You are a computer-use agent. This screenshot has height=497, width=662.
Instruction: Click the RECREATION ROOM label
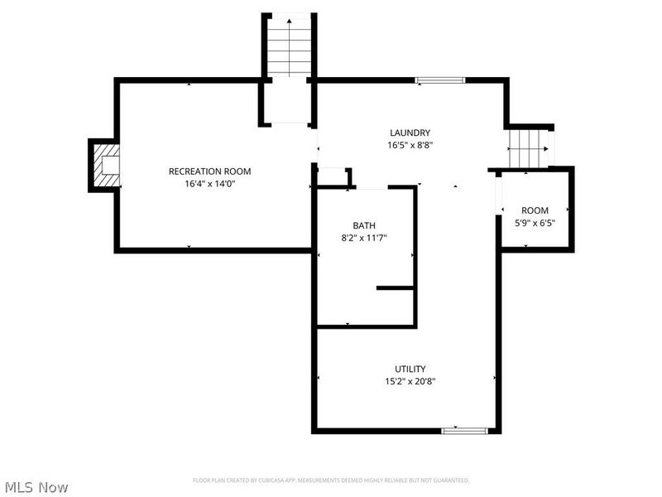209,171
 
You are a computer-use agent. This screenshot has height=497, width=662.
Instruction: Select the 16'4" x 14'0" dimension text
209,184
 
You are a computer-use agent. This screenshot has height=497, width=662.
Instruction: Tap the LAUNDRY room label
410,133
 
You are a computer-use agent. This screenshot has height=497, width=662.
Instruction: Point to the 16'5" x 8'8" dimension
410,145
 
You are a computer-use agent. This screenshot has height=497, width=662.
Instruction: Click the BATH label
364,225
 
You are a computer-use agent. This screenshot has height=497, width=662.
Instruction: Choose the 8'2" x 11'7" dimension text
364,238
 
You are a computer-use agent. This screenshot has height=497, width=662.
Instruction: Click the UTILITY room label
410,369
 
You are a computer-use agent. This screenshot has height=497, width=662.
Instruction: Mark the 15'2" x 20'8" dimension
410,381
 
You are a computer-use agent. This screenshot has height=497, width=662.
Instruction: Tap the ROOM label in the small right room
534,210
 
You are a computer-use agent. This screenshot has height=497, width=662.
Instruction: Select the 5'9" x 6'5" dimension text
534,223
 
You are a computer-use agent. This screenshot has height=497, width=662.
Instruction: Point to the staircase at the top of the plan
289,46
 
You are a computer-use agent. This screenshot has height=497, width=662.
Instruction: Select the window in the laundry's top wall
440,80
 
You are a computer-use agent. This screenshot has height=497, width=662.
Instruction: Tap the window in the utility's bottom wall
466,430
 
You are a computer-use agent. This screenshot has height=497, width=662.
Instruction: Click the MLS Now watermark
36,487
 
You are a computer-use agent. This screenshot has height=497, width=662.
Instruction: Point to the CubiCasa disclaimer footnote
331,480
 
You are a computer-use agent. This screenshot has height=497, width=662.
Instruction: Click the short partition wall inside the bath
396,288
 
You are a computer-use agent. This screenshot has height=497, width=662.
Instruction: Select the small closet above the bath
333,177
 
